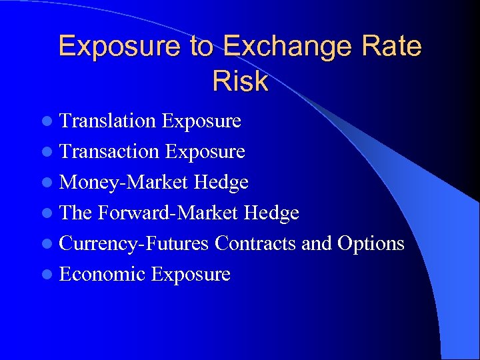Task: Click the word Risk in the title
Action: [240, 81]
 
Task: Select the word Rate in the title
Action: [393, 47]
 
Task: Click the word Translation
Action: [107, 121]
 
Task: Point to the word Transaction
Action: [109, 151]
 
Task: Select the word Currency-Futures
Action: [134, 243]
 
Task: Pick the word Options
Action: [371, 243]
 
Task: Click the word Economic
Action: [103, 274]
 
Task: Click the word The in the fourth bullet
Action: [75, 213]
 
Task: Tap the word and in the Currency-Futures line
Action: [317, 243]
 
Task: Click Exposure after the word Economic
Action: [191, 274]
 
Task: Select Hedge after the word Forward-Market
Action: [271, 213]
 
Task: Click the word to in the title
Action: [201, 47]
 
